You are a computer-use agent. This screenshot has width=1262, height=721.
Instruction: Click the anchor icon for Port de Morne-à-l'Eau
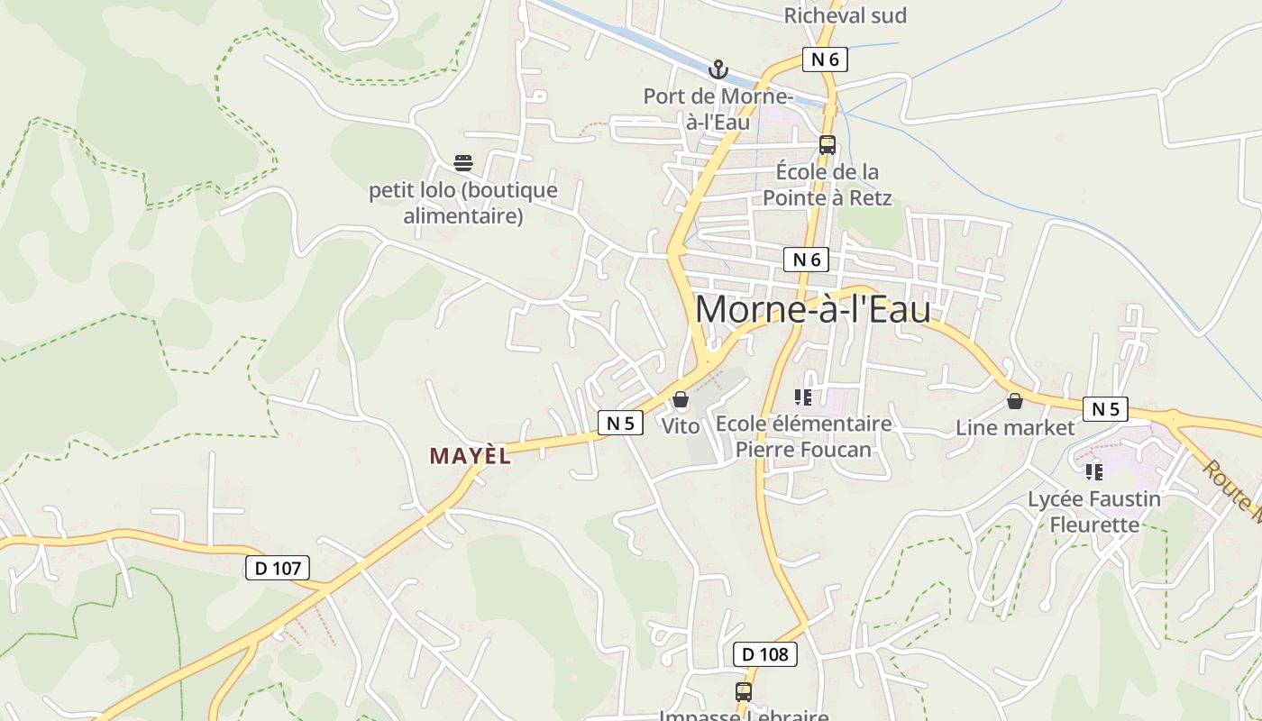718,68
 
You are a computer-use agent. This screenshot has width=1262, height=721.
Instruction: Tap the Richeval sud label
845,15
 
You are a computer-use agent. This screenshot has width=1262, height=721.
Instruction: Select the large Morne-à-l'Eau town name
812,310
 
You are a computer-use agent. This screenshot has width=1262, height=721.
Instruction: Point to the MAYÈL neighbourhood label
470,456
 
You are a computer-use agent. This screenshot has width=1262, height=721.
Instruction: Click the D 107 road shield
278,568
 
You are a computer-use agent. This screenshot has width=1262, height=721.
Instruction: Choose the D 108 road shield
765,654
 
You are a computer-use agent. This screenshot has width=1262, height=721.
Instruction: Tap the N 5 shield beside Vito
620,423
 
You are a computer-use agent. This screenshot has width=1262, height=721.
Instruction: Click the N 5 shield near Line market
1105,409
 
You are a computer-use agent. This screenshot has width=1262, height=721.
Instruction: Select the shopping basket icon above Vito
681,399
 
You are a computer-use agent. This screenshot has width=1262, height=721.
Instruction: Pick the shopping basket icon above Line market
1015,401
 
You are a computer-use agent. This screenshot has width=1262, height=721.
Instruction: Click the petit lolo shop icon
463,163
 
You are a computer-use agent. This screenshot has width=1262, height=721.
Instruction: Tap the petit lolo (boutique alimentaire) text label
463,203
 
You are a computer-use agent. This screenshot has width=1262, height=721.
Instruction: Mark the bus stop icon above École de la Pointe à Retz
827,144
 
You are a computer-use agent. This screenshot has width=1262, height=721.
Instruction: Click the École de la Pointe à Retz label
828,185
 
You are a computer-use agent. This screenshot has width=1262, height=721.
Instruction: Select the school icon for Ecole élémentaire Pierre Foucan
803,397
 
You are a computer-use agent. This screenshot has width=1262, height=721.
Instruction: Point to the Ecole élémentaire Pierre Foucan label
803,436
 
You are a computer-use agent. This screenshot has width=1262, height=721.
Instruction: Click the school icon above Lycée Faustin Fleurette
1094,471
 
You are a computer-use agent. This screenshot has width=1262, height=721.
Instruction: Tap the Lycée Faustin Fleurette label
1094,511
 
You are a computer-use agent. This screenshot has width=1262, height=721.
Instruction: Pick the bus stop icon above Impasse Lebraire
744,692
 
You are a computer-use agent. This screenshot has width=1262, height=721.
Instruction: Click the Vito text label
681,426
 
